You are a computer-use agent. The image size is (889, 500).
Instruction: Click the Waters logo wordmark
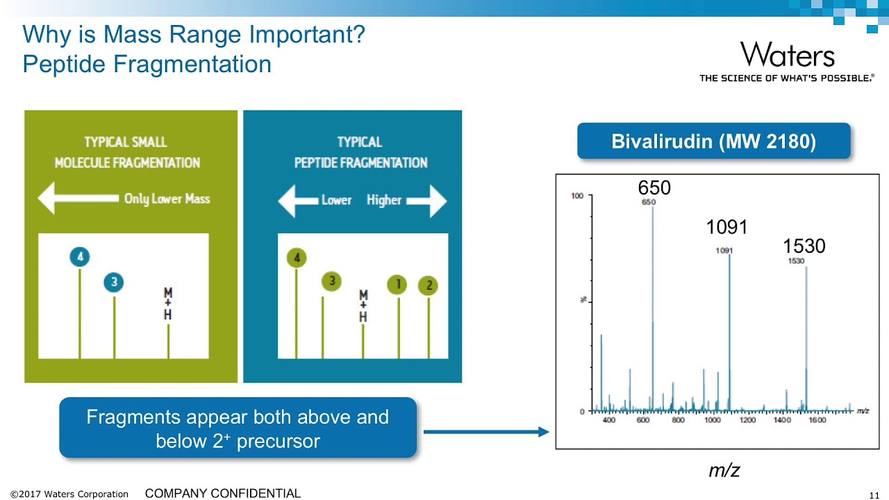click(x=787, y=55)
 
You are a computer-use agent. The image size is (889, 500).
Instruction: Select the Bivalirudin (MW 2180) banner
click(x=713, y=142)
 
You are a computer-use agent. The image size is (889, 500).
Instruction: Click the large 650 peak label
click(x=654, y=187)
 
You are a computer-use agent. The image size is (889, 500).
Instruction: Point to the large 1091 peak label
click(x=726, y=227)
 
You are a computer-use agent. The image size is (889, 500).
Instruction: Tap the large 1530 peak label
click(x=804, y=246)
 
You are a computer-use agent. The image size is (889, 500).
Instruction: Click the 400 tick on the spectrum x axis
click(x=608, y=420)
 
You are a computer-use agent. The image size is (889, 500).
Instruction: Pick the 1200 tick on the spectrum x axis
click(x=747, y=420)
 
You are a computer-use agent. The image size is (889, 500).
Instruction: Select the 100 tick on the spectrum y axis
click(x=577, y=196)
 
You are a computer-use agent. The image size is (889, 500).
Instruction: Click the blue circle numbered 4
click(x=80, y=258)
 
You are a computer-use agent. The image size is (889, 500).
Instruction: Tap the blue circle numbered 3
click(x=114, y=283)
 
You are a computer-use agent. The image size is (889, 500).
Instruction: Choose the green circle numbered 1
click(x=398, y=284)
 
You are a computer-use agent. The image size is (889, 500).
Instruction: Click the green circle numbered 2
click(x=429, y=285)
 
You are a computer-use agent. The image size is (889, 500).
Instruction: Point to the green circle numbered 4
click(x=297, y=258)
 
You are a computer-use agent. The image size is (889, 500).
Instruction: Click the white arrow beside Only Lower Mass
click(x=77, y=199)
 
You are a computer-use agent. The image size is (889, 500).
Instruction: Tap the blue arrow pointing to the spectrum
click(x=485, y=432)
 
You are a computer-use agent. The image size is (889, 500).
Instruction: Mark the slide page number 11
click(x=874, y=494)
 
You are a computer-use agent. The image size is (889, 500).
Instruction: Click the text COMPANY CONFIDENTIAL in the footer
click(x=222, y=493)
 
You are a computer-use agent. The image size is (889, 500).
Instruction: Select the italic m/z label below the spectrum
click(x=724, y=471)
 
